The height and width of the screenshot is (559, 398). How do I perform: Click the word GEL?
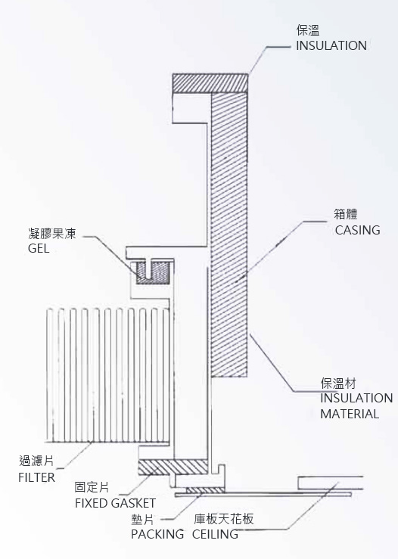tap(39, 248)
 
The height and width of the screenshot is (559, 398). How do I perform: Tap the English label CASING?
tap(357, 230)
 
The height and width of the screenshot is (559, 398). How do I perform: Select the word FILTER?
tap(36, 477)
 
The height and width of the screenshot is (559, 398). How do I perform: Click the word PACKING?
tap(157, 534)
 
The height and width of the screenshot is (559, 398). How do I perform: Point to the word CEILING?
tap(215, 534)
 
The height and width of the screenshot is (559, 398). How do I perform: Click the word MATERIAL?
tap(350, 414)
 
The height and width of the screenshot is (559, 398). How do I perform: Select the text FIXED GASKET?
tap(115, 503)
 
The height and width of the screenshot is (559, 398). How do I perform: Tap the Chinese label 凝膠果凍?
tap(52, 234)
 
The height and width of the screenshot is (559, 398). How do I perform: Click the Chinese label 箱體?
tap(346, 214)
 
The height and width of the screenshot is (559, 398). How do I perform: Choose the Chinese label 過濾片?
tap(36, 461)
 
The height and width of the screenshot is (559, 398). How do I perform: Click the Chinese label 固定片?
tap(92, 487)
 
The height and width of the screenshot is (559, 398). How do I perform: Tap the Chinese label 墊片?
tap(142, 520)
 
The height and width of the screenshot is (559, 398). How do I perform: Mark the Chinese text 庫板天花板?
tap(224, 519)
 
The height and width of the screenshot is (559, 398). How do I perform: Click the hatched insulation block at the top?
tap(210, 82)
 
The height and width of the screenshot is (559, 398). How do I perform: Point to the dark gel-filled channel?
tap(152, 273)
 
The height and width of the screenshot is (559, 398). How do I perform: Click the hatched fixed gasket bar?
tap(173, 467)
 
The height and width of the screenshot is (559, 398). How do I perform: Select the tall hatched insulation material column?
tap(229, 234)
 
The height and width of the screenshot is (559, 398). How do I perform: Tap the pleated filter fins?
tap(107, 375)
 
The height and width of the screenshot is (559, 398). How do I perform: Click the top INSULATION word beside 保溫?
tap(331, 45)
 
